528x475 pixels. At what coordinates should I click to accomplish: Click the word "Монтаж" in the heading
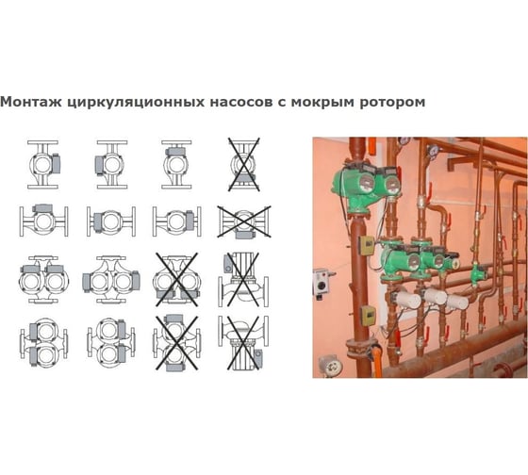tap(31, 102)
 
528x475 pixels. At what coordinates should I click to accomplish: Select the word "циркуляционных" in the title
tap(136, 103)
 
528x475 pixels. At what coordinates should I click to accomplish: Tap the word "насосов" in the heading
tap(241, 102)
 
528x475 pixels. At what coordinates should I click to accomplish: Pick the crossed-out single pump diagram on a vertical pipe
tap(244, 164)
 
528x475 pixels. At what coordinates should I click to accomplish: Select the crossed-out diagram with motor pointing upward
tap(243, 279)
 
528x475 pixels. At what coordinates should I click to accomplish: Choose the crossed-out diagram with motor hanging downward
tap(243, 342)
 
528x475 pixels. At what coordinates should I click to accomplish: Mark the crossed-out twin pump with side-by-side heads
tap(177, 279)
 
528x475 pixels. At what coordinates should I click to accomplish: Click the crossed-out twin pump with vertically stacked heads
tap(177, 342)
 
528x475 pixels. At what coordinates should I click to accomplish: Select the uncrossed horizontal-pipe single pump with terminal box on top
tap(43, 221)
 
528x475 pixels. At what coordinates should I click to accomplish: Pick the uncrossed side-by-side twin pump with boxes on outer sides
tap(111, 279)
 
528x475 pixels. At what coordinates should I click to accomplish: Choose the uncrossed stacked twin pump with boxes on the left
tap(43, 342)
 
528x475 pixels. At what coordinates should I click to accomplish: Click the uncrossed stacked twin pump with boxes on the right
tap(111, 342)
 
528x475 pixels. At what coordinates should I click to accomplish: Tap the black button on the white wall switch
tap(322, 286)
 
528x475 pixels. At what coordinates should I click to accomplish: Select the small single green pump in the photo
tap(478, 273)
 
